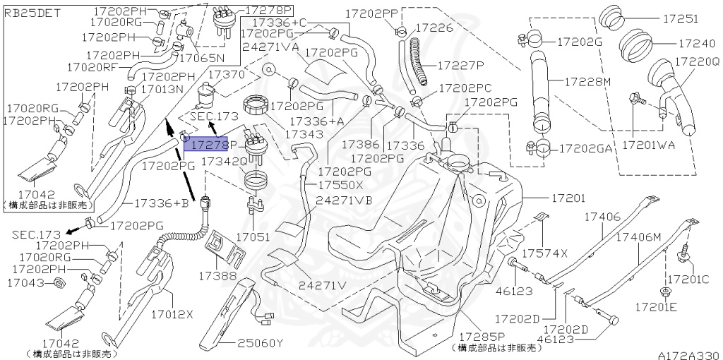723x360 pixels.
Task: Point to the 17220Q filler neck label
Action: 696,62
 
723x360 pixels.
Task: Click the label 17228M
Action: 586,82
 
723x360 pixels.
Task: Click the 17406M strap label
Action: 639,237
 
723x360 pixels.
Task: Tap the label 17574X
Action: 545,252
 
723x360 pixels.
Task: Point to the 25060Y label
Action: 259,343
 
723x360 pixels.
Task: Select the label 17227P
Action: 460,65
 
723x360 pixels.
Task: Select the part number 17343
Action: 304,133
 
